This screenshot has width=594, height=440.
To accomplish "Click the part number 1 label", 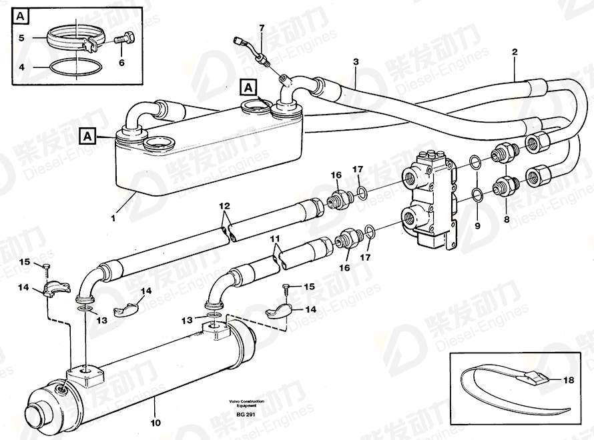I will [x=113, y=217].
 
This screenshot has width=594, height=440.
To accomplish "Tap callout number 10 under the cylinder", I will [x=154, y=422].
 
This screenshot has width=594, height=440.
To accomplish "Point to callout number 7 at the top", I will [x=262, y=27].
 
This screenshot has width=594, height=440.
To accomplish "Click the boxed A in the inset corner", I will [x=21, y=15].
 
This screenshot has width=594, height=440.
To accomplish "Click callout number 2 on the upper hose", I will [x=514, y=51].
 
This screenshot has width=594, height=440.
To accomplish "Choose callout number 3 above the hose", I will [x=356, y=61].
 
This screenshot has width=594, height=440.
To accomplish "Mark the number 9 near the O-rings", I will [x=477, y=225].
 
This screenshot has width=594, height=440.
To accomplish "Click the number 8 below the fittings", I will [x=506, y=219].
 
